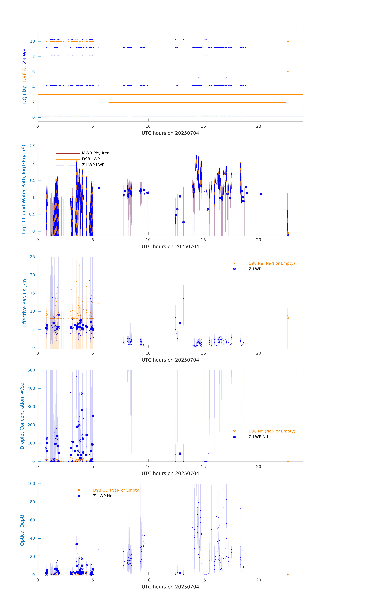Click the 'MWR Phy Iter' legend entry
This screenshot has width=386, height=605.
click(x=95, y=153)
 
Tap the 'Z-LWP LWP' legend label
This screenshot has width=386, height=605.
click(x=93, y=165)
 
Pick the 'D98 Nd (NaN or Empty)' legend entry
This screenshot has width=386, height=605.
click(x=272, y=431)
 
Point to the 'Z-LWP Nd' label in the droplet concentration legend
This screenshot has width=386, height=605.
click(x=258, y=437)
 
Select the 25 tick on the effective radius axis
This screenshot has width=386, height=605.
click(x=32, y=257)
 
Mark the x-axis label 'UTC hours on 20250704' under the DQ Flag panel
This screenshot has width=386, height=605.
click(x=170, y=133)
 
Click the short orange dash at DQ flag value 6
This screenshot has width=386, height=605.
click(x=288, y=72)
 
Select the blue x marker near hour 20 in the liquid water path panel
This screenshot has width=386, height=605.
click(x=261, y=194)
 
